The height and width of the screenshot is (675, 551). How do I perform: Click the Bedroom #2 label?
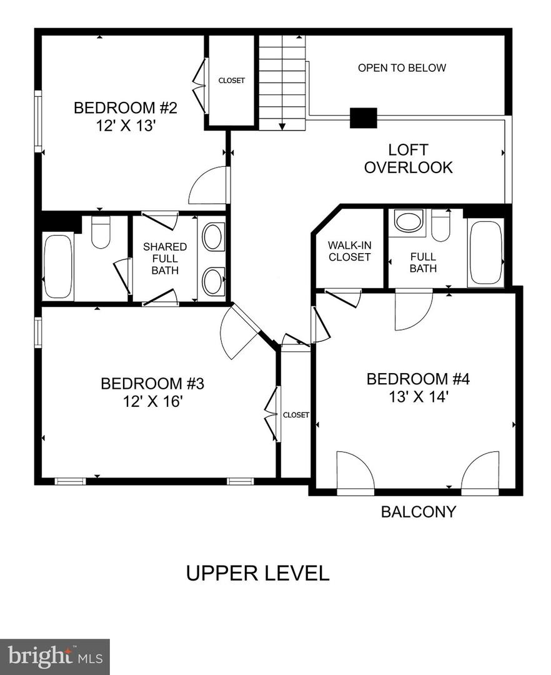coord(126,108)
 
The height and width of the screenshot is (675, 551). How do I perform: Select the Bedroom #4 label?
coord(417,379)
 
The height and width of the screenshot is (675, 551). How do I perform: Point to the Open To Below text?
coord(402,67)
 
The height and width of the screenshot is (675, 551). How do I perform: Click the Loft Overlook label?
coord(408,159)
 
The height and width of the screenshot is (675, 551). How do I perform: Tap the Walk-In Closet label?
coord(349,251)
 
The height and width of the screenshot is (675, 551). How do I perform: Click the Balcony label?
coord(419,512)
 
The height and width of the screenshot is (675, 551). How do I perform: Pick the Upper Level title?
coord(257,573)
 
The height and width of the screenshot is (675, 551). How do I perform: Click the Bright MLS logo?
coord(55,656)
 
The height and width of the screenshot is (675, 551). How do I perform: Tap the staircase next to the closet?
coord(282,81)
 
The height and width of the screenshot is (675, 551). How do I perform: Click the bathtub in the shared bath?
coord(58,266)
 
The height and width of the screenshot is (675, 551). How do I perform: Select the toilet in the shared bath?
coord(101,232)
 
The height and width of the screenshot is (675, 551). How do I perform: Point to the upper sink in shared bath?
coord(212,237)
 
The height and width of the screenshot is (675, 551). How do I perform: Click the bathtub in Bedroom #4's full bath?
coord(485,253)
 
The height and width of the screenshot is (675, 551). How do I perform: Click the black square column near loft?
coord(363,118)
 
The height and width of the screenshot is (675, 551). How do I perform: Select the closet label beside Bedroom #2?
coord(231,81)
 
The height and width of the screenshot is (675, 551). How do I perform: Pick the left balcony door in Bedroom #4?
coord(354,472)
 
